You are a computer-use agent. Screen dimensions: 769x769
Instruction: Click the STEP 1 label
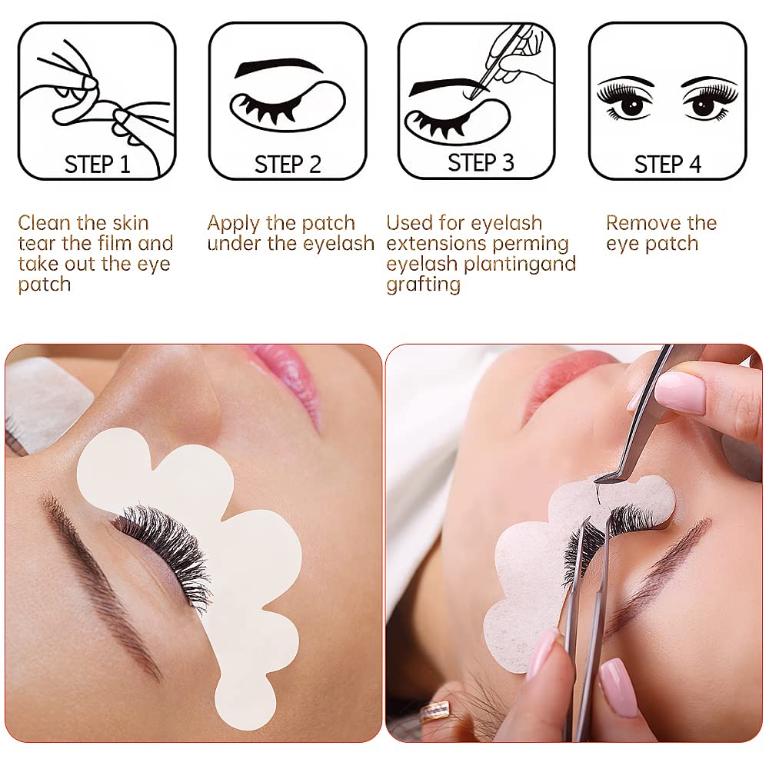click(97, 164)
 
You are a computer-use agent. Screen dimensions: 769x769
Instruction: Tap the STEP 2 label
click(288, 164)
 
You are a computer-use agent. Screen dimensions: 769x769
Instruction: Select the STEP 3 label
click(481, 162)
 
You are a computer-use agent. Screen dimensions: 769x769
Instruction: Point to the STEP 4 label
click(667, 164)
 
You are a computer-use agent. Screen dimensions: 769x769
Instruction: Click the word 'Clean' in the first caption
click(45, 224)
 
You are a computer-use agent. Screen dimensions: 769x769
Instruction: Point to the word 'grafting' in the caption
click(423, 285)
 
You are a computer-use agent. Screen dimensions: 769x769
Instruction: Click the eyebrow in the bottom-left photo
click(100, 584)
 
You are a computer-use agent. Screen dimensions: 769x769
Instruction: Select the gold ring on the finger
click(436, 711)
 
